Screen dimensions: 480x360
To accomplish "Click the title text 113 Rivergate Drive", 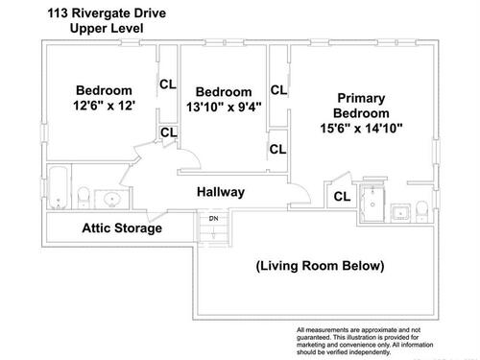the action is click(107, 13).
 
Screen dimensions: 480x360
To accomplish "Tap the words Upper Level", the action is click(107, 28).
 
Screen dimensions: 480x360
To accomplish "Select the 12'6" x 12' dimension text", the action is click(104, 106).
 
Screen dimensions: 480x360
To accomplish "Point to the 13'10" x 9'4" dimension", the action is click(224, 107).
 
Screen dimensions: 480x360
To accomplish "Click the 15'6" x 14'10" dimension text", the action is click(361, 129).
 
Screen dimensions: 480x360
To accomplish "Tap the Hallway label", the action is click(221, 192).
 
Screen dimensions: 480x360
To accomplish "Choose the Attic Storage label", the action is click(122, 228).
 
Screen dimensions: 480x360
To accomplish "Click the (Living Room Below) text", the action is click(320, 266).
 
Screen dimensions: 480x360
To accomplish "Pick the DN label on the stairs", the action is click(213, 219).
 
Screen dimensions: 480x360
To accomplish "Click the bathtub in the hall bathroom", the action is click(59, 187).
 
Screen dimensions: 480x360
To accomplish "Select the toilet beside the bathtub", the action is click(84, 198).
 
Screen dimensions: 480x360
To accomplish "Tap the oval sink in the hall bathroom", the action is click(112, 200).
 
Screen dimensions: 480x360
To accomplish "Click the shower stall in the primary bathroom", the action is click(372, 203).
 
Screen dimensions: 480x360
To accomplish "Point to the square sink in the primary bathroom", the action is click(400, 212).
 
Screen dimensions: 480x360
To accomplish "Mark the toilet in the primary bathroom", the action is click(421, 211).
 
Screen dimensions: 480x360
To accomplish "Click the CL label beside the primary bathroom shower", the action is click(342, 197).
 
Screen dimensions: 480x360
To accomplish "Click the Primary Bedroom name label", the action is click(361, 106).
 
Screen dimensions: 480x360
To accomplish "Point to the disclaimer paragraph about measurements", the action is click(365, 341).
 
